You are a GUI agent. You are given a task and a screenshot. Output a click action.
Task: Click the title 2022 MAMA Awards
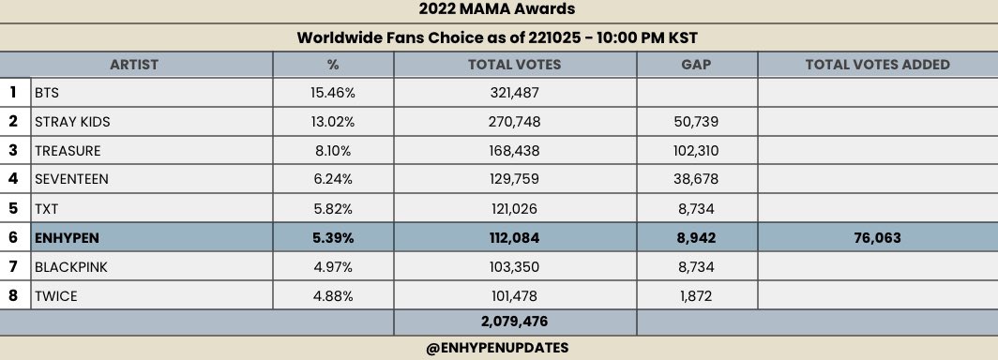point(498,10)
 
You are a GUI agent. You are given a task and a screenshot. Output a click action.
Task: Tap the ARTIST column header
point(134,65)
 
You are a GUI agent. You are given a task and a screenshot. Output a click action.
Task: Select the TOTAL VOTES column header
point(514,65)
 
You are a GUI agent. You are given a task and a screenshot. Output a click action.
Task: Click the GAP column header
point(696,65)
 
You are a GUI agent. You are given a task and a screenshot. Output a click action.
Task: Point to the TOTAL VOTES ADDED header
point(877,65)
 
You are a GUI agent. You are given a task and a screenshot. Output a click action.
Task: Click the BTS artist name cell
point(48,93)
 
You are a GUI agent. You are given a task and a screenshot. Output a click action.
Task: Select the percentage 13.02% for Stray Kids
point(333,122)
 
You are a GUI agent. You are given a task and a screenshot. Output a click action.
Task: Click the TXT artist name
point(47,209)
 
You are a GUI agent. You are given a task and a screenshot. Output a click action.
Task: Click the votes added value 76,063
point(877,238)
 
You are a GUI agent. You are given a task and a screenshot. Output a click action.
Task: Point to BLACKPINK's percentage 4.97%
point(333,267)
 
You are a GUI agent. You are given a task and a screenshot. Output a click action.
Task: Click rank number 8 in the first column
point(13,296)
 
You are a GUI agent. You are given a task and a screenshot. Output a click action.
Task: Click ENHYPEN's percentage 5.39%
point(333,238)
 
